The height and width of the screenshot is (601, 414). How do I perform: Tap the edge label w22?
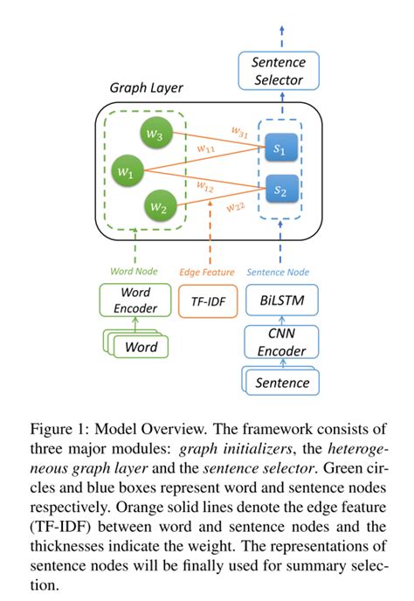(236, 207)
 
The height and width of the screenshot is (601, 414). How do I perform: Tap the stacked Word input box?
(136, 347)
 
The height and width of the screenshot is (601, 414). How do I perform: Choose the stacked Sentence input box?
(280, 383)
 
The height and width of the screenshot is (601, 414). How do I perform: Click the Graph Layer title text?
(146, 88)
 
